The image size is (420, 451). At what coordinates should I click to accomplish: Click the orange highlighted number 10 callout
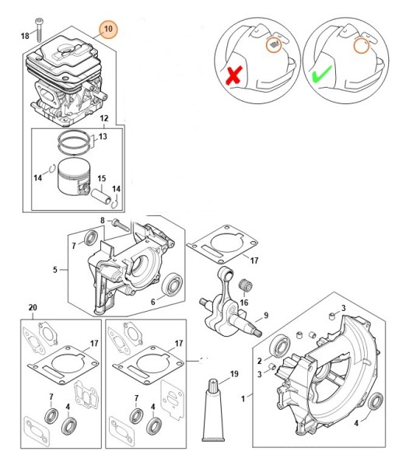(x=108, y=29)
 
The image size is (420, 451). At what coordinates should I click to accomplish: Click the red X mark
(x=234, y=75)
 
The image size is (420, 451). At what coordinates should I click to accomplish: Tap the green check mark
(x=322, y=74)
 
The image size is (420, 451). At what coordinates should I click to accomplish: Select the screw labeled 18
(x=39, y=30)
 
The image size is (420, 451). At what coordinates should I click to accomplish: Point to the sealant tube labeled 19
(x=213, y=411)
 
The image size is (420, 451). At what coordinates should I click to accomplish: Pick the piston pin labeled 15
(x=101, y=196)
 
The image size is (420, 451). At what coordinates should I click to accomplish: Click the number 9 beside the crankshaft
(x=266, y=315)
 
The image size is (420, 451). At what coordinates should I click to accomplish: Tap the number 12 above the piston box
(x=104, y=118)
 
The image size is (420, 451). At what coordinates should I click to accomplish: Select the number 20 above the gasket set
(x=33, y=307)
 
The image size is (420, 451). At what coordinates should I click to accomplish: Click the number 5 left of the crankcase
(x=55, y=270)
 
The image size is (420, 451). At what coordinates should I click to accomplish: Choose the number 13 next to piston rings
(x=103, y=136)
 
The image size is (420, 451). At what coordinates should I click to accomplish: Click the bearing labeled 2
(x=278, y=346)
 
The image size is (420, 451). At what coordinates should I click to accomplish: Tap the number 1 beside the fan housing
(x=243, y=399)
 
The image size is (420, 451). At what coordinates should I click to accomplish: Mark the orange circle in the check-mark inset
(x=361, y=46)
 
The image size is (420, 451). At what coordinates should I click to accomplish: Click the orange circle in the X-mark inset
(x=274, y=44)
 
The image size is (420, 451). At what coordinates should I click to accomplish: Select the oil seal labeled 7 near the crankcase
(x=91, y=238)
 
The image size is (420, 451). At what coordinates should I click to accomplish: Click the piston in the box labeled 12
(x=74, y=177)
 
